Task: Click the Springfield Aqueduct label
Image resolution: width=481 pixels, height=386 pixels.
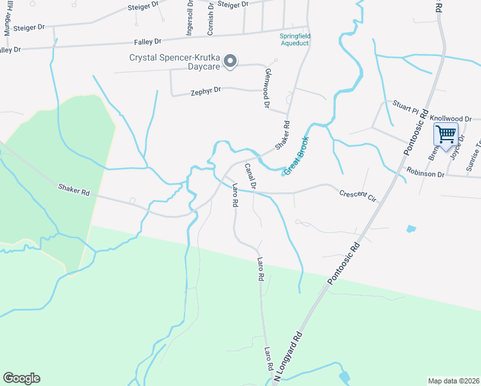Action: click(x=295, y=39)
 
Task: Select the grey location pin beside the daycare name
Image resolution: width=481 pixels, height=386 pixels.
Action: click(x=232, y=61)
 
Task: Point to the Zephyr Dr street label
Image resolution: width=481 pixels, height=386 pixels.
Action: click(x=206, y=91)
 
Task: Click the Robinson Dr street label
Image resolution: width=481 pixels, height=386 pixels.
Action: click(x=425, y=173)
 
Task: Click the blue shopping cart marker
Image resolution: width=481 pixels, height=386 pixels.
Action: click(x=446, y=135)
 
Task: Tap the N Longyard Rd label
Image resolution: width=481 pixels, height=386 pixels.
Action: click(x=287, y=355)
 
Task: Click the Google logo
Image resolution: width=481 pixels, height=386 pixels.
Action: click(x=21, y=378)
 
